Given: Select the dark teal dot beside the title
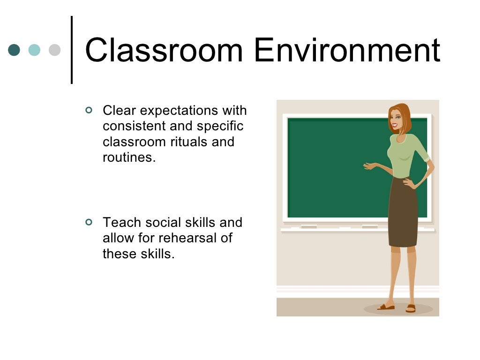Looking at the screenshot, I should [15, 50].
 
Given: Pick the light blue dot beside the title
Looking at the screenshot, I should [35, 50].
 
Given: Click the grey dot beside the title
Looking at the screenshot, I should [55, 50].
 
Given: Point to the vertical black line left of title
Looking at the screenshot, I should [72, 50].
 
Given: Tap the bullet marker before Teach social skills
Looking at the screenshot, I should [89, 222].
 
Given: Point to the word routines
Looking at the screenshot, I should [128, 157].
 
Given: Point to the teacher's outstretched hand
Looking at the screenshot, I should [369, 165].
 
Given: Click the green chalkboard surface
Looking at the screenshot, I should [333, 169].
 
